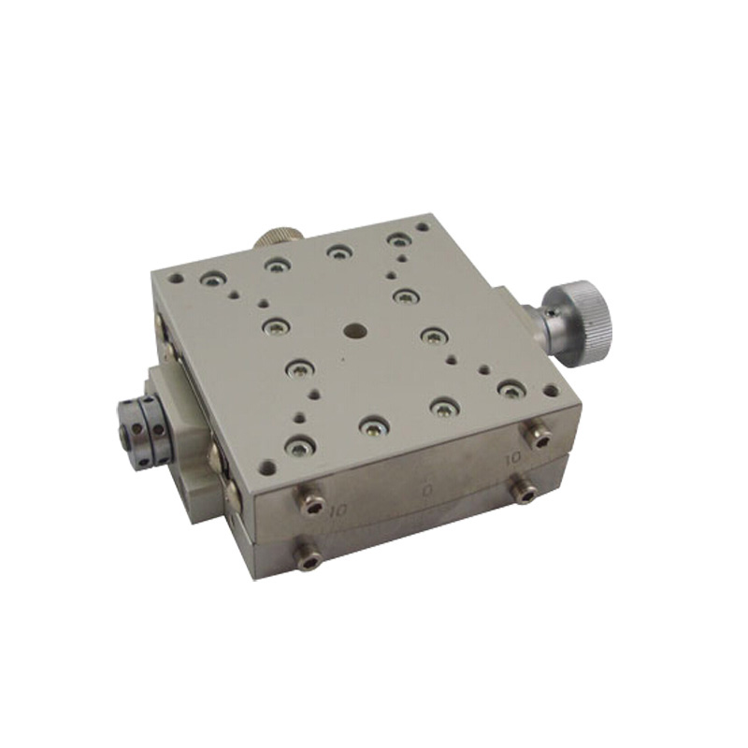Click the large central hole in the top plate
coord(353,330)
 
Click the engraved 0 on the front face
coord(428,489)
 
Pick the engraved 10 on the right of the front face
coord(512,459)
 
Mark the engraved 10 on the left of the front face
coord(338,511)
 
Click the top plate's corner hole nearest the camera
coord(268,466)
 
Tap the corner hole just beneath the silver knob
coord(552,391)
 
